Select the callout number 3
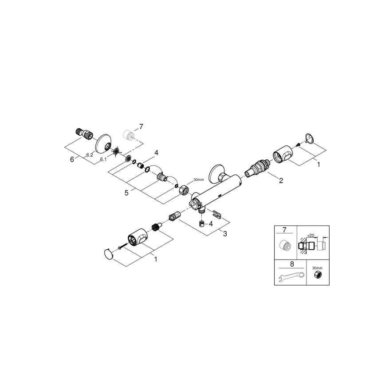[x=225, y=233]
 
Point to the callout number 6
[x=72, y=160]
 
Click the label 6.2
[x=90, y=155]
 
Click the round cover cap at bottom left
[x=108, y=254]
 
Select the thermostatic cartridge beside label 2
[x=257, y=170]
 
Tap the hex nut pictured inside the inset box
[x=317, y=275]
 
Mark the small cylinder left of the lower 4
[x=202, y=224]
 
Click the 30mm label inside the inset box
[x=317, y=268]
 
